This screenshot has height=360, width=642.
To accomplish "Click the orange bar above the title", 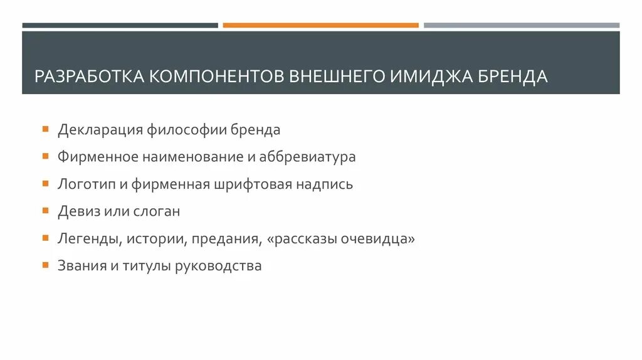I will pos(320,25).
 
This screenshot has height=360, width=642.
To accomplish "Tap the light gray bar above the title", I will pos(521,25).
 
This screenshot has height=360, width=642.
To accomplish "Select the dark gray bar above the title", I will pos(120,25).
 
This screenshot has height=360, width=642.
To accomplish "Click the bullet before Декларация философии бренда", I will pos(45,129).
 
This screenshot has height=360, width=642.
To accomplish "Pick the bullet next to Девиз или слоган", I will pos(45,211).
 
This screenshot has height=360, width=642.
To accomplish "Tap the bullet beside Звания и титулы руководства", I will pos(45,265).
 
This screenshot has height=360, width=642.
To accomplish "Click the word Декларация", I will pos(100,130).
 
